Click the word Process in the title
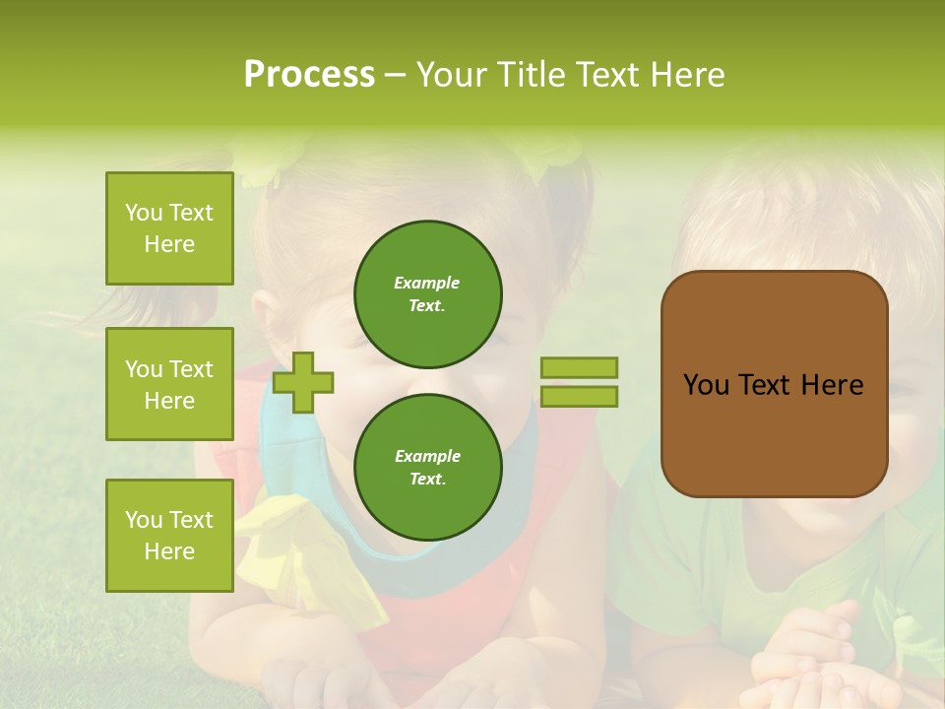pos(309,75)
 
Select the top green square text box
pos(169,228)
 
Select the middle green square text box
pos(169,384)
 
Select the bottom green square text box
pos(169,536)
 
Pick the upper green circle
pos(428,294)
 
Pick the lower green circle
pos(428,468)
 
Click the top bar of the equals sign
pos(580,368)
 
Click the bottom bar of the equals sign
pos(580,397)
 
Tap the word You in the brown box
pos(706,385)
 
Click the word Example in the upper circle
pos(427,283)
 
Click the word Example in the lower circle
pos(427,456)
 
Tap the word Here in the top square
pos(169,244)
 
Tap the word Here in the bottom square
pos(169,551)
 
